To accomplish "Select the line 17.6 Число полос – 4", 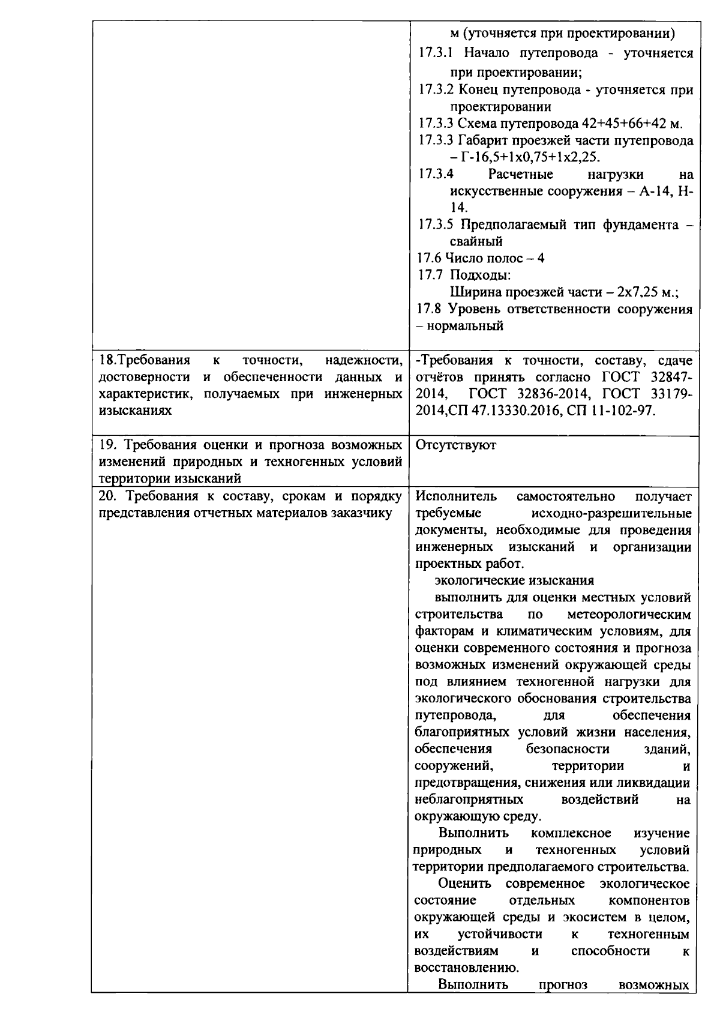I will [481, 258].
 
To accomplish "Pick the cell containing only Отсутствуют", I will [455, 445].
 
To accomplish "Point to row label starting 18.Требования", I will [144, 360].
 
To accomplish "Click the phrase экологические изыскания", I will [514, 580].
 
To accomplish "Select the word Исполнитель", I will [455, 496].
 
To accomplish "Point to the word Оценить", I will [464, 884].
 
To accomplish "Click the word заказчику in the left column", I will [367, 513].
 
